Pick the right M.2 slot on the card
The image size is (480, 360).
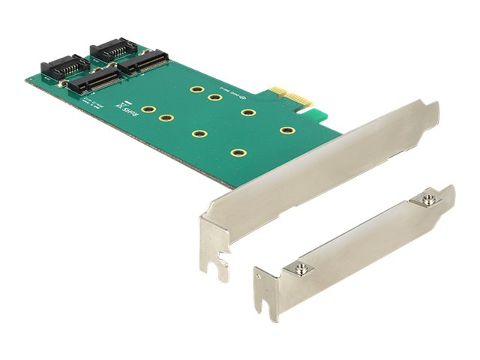[147, 62]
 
